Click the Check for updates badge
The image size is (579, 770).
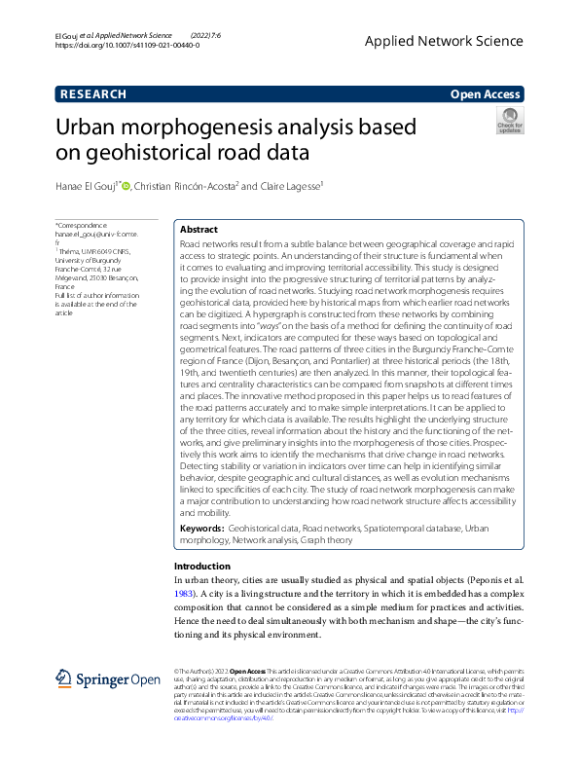pos(510,121)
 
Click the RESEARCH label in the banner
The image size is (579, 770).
pos(92,94)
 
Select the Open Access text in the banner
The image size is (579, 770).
pos(487,94)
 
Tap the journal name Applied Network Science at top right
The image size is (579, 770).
pos(457,41)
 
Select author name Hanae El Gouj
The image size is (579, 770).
pos(87,186)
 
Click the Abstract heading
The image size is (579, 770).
pos(199,230)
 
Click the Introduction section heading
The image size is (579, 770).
pos(201,566)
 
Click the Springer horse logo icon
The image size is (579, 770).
pos(64,678)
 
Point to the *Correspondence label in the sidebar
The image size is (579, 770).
pos(82,225)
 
